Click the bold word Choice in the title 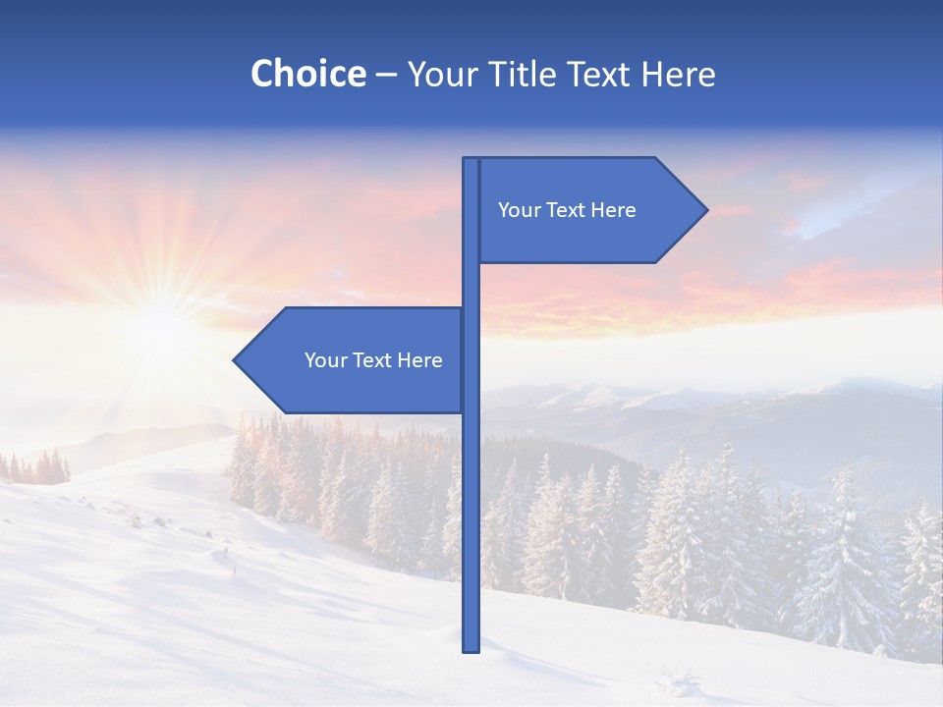click(x=307, y=74)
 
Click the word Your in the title click(x=439, y=74)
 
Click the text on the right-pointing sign click(x=567, y=210)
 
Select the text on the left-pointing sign click(x=373, y=360)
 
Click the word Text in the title click(x=599, y=74)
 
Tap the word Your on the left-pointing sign click(x=323, y=360)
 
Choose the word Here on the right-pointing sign click(x=614, y=210)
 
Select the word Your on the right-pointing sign click(x=517, y=210)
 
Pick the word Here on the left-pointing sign click(x=420, y=360)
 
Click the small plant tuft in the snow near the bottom click(x=678, y=678)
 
